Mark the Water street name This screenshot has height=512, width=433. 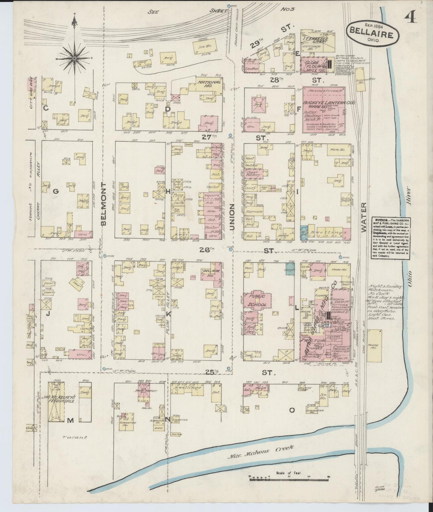pos(363,217)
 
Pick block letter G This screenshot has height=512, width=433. pos(55,192)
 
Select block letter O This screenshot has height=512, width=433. pos(291,419)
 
